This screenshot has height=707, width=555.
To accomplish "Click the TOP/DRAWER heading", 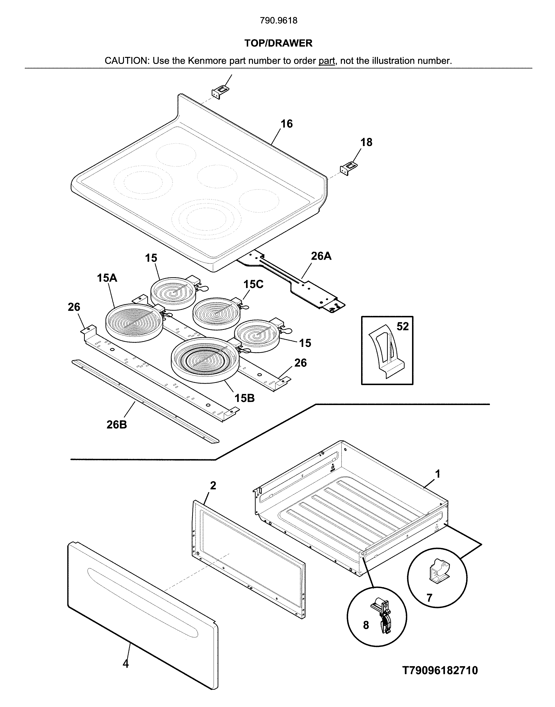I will tap(278, 43).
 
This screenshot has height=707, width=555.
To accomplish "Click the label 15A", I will tap(107, 278).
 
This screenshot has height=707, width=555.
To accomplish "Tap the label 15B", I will tap(245, 398).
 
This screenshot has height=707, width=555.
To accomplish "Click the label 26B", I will tap(117, 424).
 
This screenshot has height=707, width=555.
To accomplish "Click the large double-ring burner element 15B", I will tap(205, 360).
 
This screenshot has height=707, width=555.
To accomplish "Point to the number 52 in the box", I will tap(403, 326).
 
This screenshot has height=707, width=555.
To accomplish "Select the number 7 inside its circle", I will tap(429, 598).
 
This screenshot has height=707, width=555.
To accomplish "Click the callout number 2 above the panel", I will tap(213, 486).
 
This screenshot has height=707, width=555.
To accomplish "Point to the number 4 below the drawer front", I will tap(126, 663).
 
